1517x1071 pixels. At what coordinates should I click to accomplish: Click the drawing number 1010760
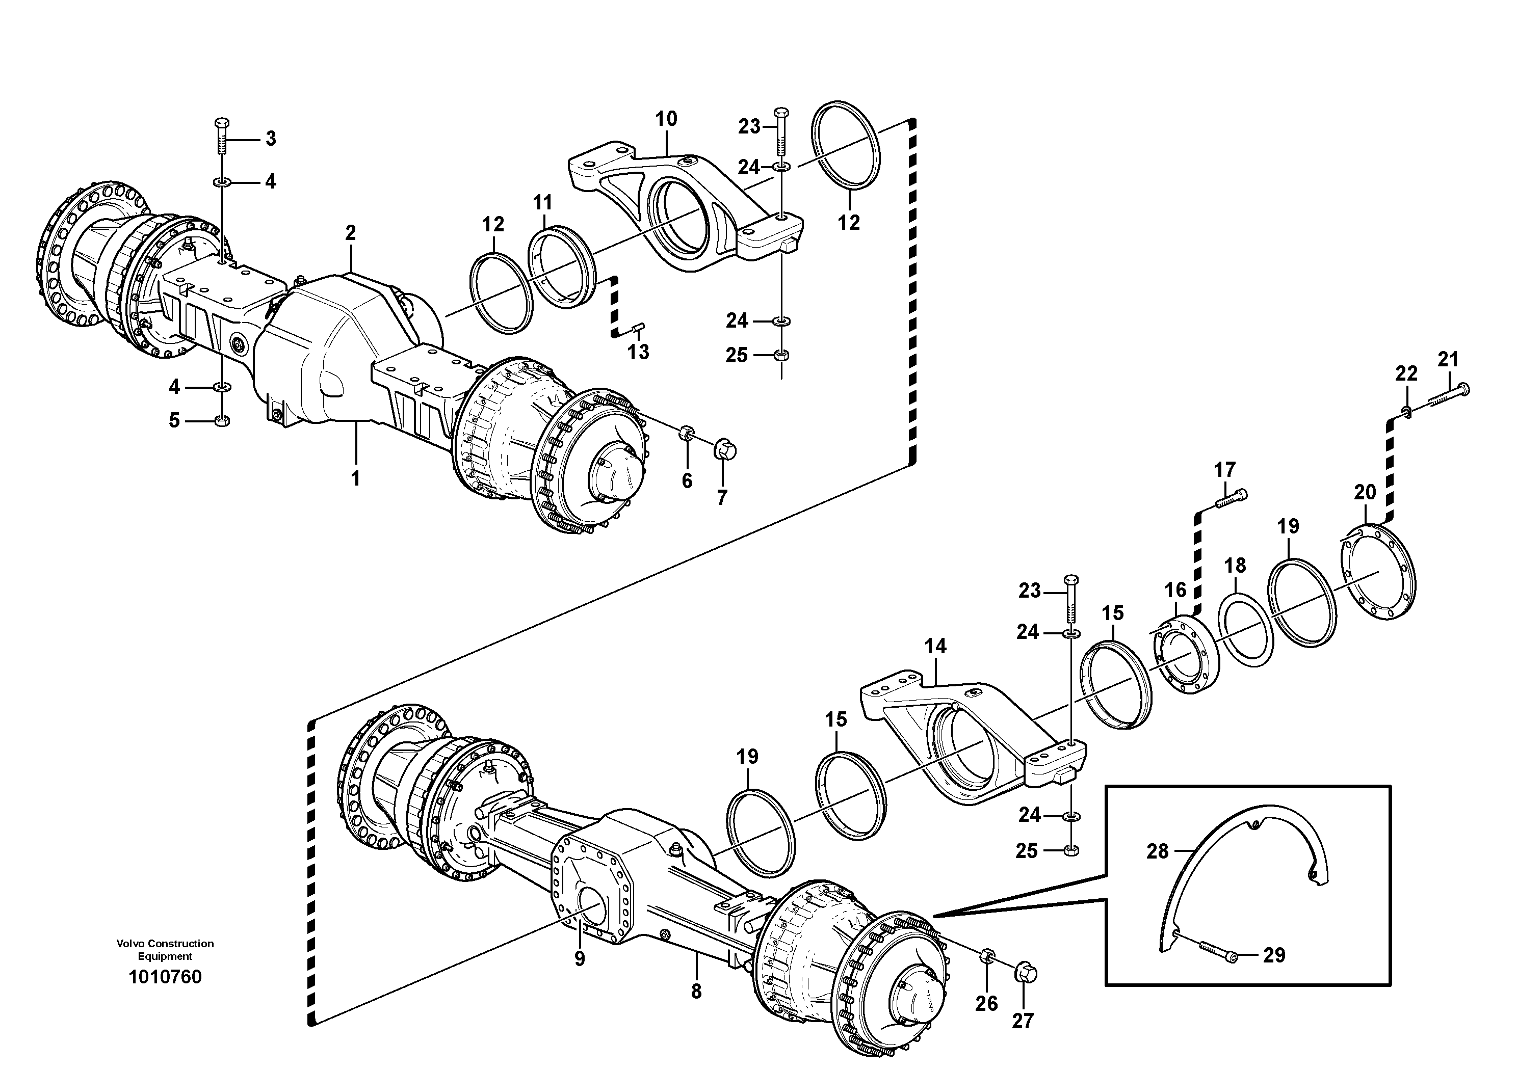pos(165,977)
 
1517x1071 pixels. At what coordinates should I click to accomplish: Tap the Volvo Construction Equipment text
pos(165,950)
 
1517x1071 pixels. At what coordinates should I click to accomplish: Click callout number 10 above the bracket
pos(666,120)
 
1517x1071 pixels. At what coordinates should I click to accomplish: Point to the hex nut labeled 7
pos(725,451)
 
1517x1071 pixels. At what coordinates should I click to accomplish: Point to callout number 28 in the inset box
pos(1157,852)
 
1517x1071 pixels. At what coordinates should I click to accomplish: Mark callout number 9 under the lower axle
pos(580,959)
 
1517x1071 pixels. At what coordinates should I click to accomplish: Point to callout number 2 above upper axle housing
pos(350,232)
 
